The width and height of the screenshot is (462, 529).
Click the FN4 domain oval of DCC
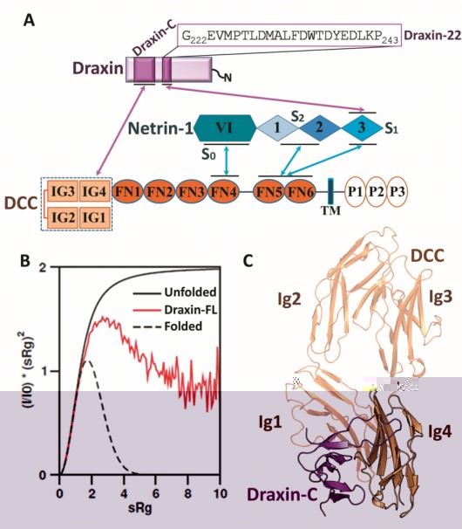coord(224,192)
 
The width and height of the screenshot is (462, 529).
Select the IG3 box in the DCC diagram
coord(63,191)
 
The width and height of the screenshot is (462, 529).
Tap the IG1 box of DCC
coord(95,217)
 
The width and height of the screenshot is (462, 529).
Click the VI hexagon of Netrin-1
coord(225,127)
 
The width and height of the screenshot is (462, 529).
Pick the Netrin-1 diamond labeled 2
coord(319,128)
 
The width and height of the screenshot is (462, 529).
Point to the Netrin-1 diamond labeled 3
coord(362,128)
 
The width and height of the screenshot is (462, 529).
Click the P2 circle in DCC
coord(377,192)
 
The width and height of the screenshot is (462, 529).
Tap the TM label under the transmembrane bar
coord(330,210)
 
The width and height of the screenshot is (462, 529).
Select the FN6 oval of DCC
coord(301,192)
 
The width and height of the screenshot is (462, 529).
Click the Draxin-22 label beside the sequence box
coord(432,35)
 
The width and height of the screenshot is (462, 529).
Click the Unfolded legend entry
coord(190,292)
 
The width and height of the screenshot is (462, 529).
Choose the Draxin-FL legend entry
coord(191,309)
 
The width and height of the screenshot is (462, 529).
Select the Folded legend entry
coord(183,326)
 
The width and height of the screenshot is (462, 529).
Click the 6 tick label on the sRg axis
coord(155,493)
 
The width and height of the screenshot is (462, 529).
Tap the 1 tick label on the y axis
coord(43,372)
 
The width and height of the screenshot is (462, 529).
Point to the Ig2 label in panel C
coord(289,299)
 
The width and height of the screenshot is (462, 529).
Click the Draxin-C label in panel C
coord(282,495)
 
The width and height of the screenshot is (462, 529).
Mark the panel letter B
coord(25,261)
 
